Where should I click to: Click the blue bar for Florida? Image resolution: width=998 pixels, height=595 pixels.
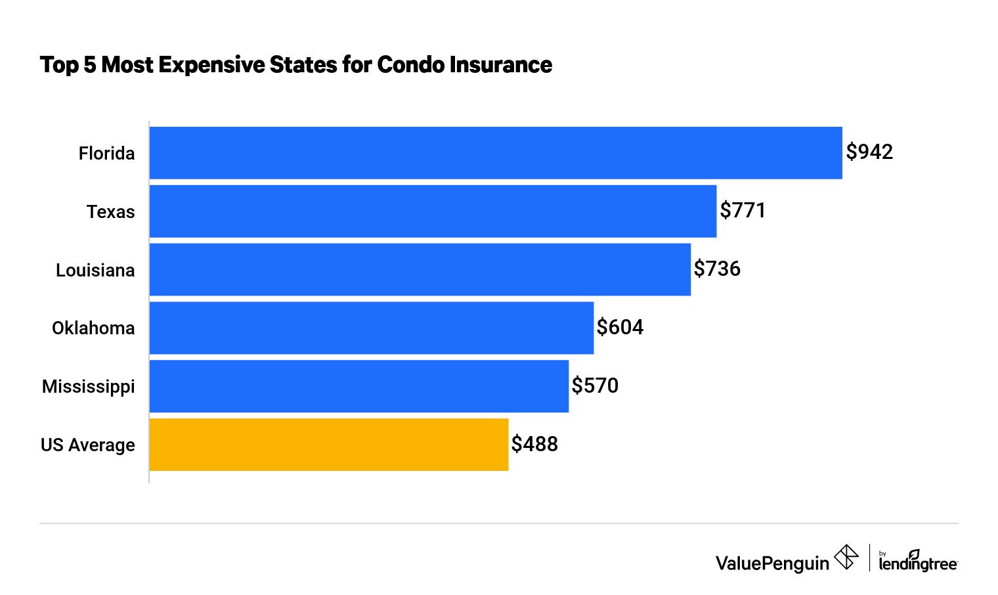(496, 152)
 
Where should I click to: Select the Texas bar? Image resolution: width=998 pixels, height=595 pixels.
(433, 211)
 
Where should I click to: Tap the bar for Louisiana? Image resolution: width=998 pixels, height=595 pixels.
(420, 269)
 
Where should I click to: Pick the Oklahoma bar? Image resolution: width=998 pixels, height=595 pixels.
(372, 328)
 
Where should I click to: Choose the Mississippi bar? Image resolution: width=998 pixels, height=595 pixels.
(359, 386)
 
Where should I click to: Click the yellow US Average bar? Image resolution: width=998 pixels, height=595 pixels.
(329, 445)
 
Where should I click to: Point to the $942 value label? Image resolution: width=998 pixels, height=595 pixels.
(869, 152)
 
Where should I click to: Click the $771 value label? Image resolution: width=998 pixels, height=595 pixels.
(743, 211)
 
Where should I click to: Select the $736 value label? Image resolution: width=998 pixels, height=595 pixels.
(717, 269)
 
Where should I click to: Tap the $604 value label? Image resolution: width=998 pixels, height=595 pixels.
(620, 328)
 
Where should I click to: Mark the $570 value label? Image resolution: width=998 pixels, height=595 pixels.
(595, 386)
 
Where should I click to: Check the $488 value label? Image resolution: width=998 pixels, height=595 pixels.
(534, 445)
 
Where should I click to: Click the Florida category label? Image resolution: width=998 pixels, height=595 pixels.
(106, 154)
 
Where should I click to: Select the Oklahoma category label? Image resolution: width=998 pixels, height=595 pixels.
(93, 328)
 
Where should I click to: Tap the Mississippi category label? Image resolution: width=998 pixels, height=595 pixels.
(88, 387)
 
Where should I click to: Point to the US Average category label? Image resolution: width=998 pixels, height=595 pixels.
(88, 445)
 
